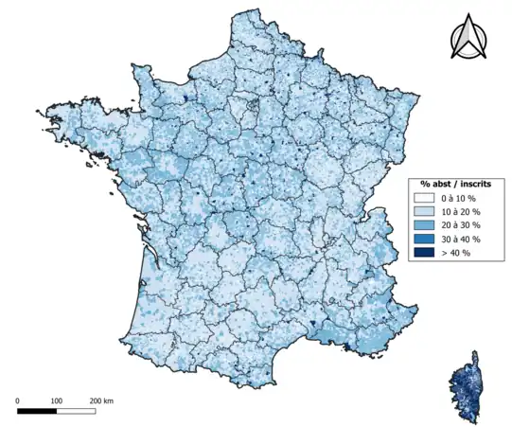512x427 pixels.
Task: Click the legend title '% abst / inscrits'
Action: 451,184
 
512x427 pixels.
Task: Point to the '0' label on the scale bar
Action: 18,401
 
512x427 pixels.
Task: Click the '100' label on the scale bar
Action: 56,401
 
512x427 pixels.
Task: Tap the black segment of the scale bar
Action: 37,412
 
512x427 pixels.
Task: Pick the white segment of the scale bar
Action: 76,412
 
